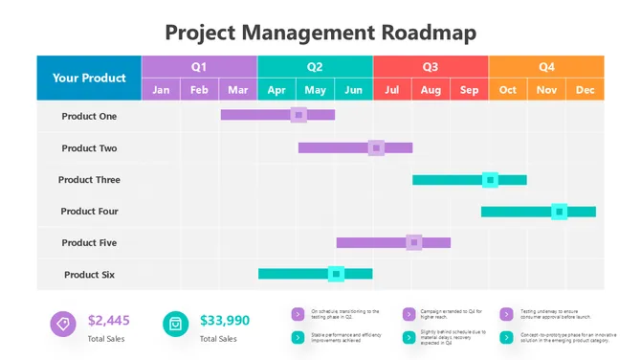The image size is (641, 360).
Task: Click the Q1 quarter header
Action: [x=199, y=67]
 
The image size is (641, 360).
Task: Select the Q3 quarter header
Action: [x=431, y=67]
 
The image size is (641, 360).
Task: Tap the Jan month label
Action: [x=161, y=90]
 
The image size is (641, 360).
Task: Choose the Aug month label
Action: [x=431, y=90]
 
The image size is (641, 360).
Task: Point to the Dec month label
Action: [x=585, y=90]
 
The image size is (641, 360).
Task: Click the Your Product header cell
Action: [x=89, y=78]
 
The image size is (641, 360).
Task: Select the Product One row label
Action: [x=89, y=116]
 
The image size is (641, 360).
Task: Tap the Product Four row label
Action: [x=89, y=212]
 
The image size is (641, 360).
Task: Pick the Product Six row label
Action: [x=89, y=275]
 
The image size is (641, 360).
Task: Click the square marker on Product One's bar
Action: [x=298, y=115]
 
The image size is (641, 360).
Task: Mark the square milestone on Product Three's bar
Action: [x=490, y=179]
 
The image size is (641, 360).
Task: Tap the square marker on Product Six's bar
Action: [x=336, y=274]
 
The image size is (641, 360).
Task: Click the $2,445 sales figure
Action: [x=108, y=321]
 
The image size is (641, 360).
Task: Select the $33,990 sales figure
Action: [x=225, y=321]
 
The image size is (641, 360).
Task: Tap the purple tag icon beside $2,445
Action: [x=63, y=324]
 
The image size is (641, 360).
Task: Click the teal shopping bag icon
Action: [x=175, y=324]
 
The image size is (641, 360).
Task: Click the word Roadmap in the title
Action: [x=429, y=32]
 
